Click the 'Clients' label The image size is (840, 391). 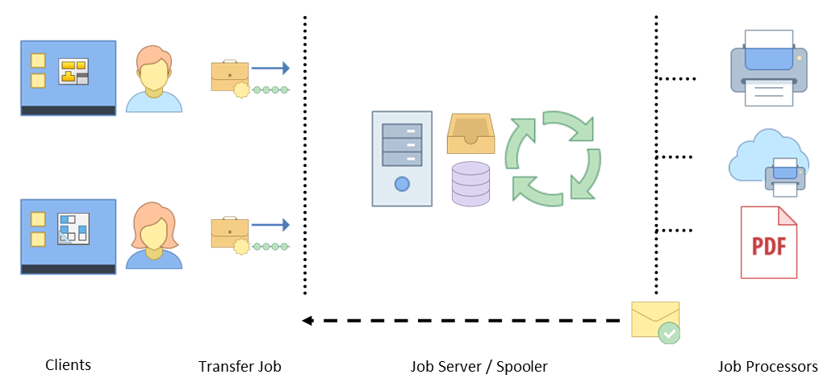tap(69, 365)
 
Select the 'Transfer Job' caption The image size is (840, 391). tap(240, 367)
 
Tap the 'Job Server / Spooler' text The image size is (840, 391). tap(479, 367)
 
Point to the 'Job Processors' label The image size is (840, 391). tap(767, 367)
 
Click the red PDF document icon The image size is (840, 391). tap(768, 243)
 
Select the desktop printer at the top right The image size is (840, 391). tap(767, 68)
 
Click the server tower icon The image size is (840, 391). tap(402, 158)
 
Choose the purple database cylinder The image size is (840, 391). tap(471, 183)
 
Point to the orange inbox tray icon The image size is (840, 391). tap(470, 134)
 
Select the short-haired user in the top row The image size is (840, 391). tap(153, 78)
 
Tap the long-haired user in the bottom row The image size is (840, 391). tap(153, 235)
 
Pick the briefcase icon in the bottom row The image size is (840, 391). tap(229, 235)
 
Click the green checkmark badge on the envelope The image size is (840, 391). tap(669, 333)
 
